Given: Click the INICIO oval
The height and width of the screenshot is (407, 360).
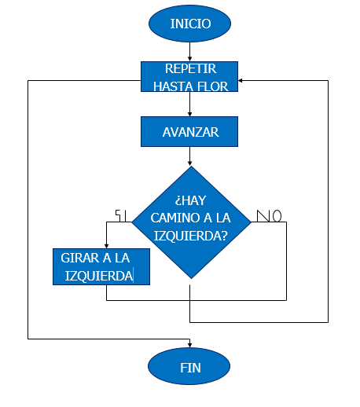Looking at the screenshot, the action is tap(189, 24).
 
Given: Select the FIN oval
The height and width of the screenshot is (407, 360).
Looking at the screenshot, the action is tap(189, 366).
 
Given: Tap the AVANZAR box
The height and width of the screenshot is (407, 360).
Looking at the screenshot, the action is tap(189, 131).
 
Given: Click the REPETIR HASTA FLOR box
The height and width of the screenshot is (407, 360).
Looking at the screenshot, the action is tap(189, 76).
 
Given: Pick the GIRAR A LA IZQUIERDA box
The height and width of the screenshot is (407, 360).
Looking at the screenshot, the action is tap(101, 266).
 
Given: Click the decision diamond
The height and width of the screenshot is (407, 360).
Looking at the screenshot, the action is tap(191, 222).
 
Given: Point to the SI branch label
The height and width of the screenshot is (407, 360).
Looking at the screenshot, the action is tap(121, 216).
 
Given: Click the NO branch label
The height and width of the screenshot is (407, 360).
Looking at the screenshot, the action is tap(269, 216).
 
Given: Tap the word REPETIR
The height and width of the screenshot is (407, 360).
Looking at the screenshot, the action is tap(190, 68).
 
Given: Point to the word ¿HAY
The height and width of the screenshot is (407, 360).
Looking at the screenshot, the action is tap(190, 200).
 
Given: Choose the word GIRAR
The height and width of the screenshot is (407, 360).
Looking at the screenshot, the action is tap(80, 258).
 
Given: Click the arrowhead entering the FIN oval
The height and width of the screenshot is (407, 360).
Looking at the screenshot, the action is tap(189, 345).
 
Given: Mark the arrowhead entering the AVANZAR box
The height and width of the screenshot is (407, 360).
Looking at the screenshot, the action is tap(189, 114).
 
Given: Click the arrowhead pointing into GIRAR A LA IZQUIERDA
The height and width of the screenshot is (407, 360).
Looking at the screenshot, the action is tap(106, 246).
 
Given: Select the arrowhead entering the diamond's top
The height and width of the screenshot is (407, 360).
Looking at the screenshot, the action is tap(189, 163).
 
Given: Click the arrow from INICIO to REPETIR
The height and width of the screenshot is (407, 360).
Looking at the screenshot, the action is tap(189, 52).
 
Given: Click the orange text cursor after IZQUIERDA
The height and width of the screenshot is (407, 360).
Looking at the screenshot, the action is tap(134, 275).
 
